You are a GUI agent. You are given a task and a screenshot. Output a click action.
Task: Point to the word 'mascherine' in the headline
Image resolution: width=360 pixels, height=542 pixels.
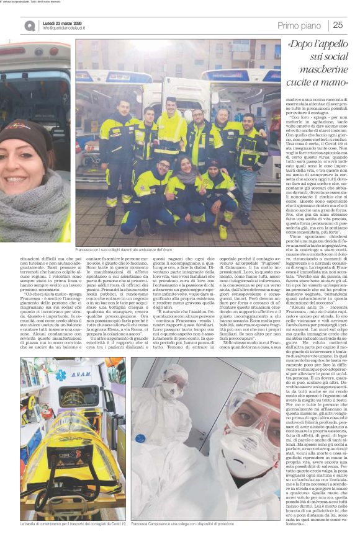click(316, 82)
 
